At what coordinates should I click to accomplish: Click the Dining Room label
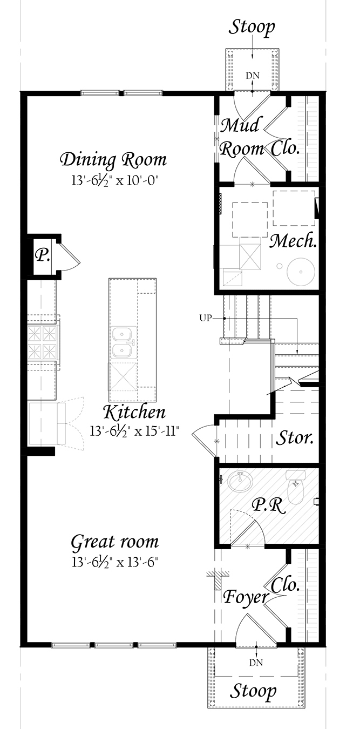click(x=114, y=159)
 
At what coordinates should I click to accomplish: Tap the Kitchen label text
click(x=134, y=413)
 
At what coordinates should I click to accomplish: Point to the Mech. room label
click(x=294, y=241)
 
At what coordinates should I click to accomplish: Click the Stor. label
click(x=295, y=438)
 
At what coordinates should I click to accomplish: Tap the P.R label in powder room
click(x=269, y=505)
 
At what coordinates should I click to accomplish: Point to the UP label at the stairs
click(x=205, y=318)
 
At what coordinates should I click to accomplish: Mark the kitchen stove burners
click(x=42, y=342)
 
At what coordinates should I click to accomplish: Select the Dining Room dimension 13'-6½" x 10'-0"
click(x=114, y=180)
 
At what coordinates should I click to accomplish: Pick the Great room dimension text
click(x=114, y=562)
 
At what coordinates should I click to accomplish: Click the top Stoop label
click(x=252, y=28)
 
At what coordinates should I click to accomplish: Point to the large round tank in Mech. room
click(x=301, y=271)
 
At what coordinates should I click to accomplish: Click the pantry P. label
click(x=43, y=256)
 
